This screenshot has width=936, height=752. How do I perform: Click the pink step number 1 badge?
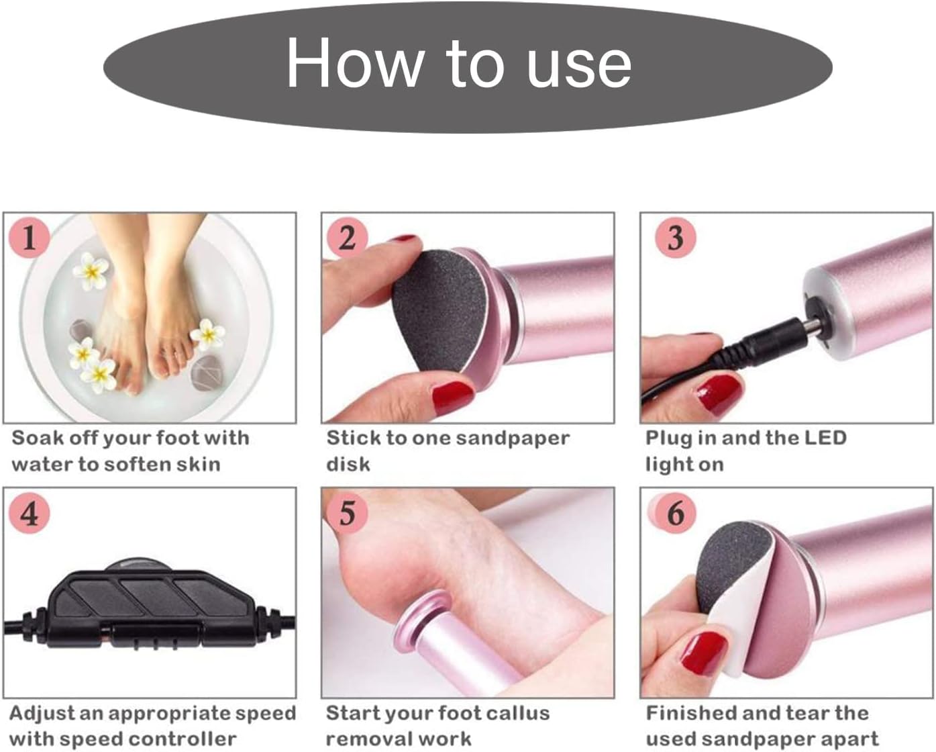(x=29, y=238)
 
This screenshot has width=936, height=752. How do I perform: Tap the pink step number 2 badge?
(x=347, y=238)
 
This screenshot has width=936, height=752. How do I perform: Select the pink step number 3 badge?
(x=676, y=238)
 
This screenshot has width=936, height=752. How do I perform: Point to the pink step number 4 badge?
(x=29, y=514)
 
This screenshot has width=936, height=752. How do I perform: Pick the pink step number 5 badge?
(x=347, y=514)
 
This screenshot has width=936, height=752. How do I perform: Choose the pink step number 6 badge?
(x=676, y=514)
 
